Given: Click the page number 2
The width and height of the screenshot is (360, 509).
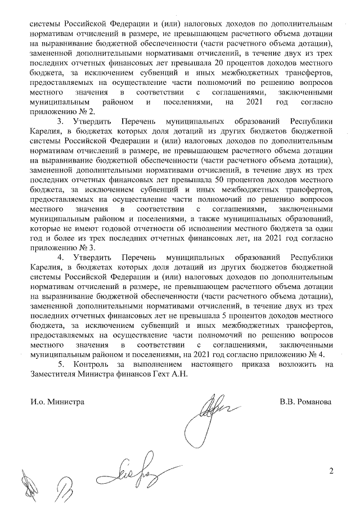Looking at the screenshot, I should click(331, 471).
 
